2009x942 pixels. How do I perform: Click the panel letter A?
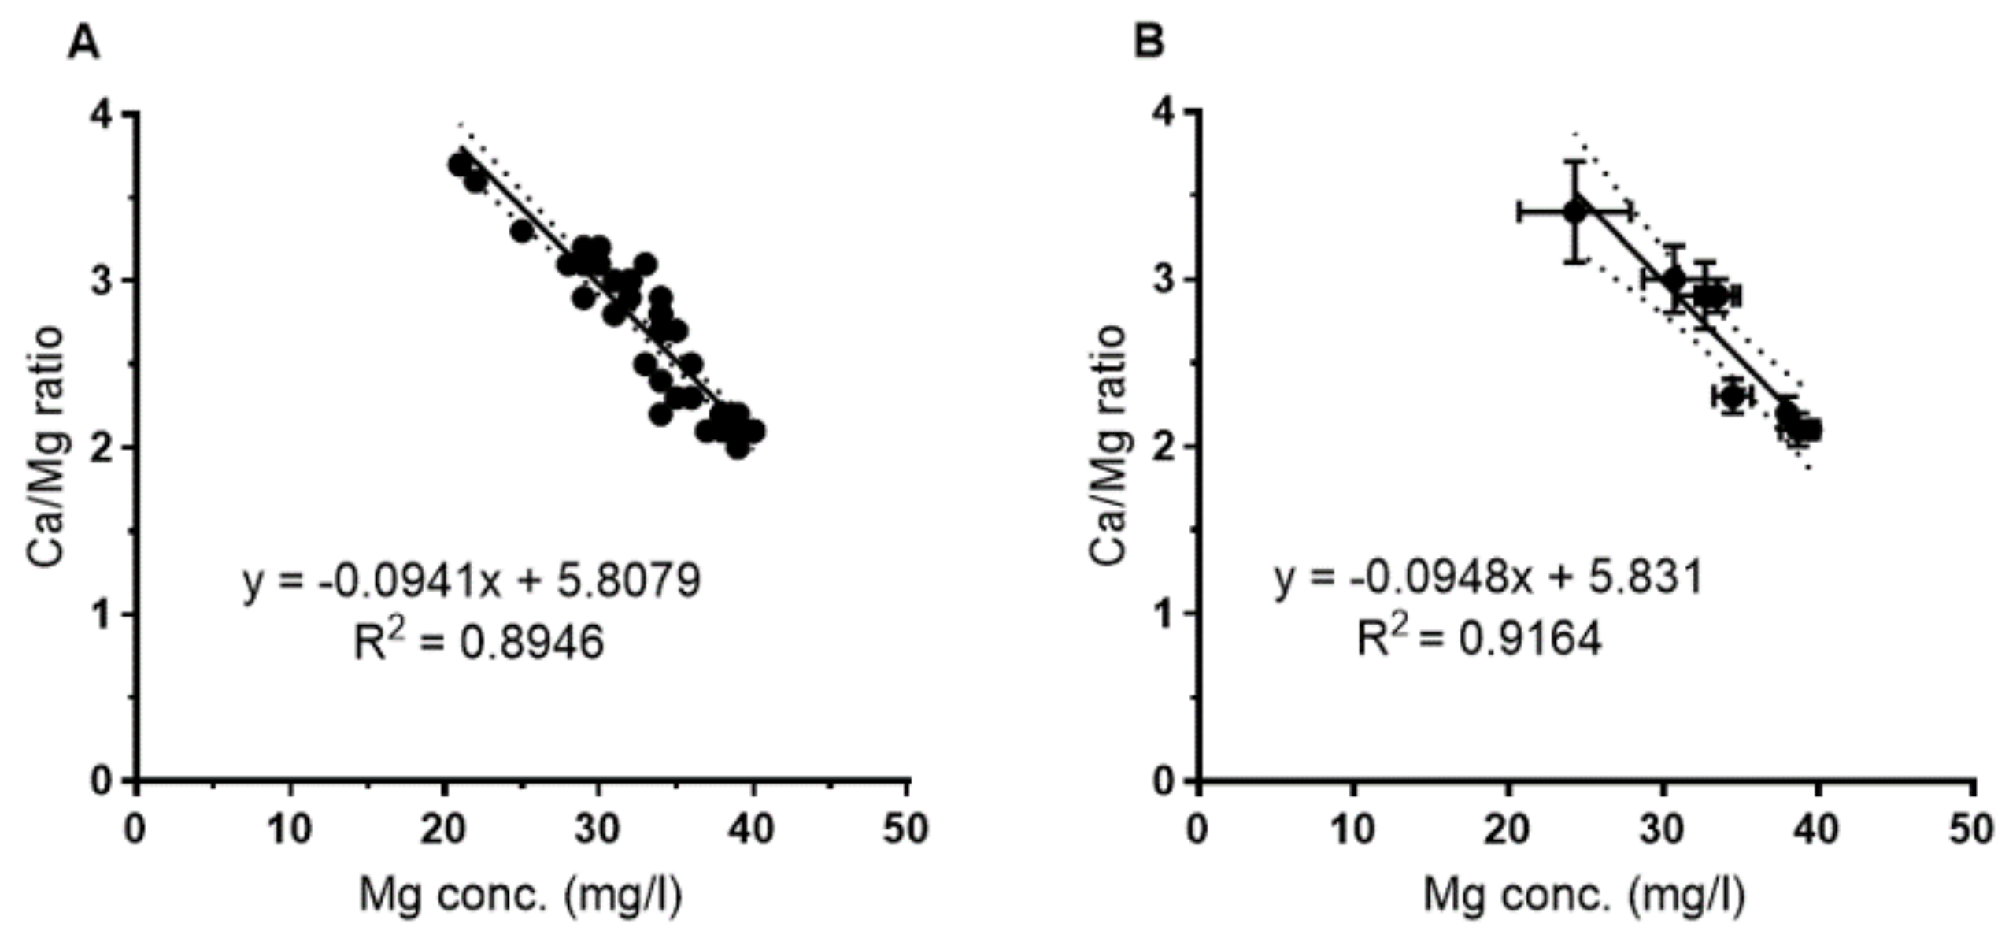[x=83, y=42]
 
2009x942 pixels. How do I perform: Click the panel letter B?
[x=1149, y=41]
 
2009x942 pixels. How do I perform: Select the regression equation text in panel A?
[x=472, y=582]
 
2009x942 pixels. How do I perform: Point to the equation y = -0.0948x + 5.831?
[x=1489, y=579]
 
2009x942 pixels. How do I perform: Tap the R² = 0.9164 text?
[x=1478, y=639]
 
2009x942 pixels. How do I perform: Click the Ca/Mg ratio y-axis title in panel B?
[x=1108, y=445]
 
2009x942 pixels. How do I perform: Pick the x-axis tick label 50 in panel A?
[x=905, y=829]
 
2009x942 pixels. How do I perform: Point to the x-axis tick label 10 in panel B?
[x=1352, y=829]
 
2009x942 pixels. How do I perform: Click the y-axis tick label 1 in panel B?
[x=1165, y=614]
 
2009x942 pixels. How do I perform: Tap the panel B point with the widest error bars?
[x=1575, y=211]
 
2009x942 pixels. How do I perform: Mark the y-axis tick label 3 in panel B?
[x=1165, y=280]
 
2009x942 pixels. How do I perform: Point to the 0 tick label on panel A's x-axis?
[x=135, y=829]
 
